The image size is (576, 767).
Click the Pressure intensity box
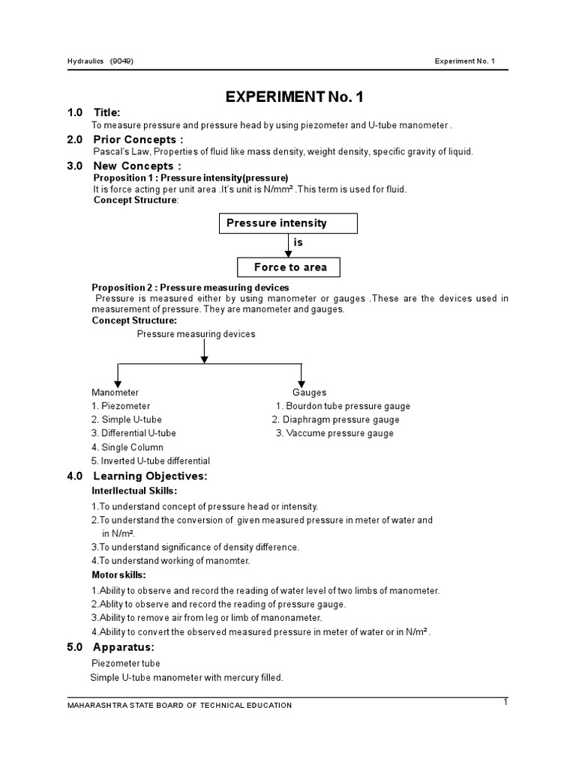(x=288, y=223)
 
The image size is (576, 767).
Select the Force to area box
(x=289, y=267)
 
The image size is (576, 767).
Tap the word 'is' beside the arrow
(x=298, y=243)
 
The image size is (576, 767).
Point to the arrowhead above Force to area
(x=289, y=254)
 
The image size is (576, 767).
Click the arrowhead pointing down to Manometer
(x=117, y=383)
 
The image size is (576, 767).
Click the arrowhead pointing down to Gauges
(x=301, y=383)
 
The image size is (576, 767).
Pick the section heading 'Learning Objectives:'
(x=150, y=476)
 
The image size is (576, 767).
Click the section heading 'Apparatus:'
(x=124, y=646)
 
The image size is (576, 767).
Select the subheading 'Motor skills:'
(x=118, y=575)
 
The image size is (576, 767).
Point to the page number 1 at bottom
(x=506, y=702)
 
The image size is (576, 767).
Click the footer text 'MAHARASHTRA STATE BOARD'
(x=135, y=706)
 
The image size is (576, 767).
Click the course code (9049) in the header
(x=121, y=61)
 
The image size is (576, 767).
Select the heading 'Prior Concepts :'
(x=138, y=139)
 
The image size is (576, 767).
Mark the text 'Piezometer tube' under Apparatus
(x=125, y=664)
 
